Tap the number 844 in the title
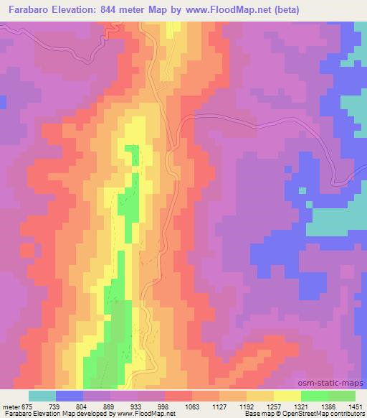click(x=125, y=10)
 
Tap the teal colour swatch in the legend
click(x=42, y=396)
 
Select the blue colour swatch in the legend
click(x=70, y=396)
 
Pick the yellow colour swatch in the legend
click(x=287, y=396)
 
